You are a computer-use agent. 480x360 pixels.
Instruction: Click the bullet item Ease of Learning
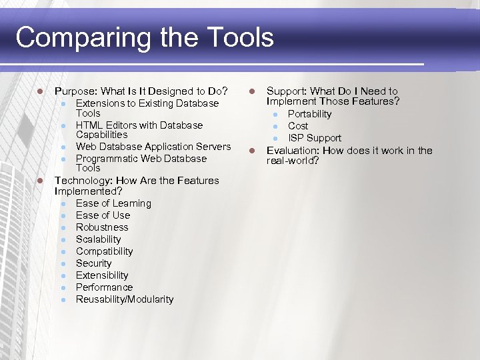[x=113, y=203]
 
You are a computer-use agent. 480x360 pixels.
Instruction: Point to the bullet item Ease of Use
[x=103, y=215]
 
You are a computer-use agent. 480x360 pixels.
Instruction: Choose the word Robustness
[x=102, y=227]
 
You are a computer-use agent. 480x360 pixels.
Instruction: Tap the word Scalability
[x=98, y=239]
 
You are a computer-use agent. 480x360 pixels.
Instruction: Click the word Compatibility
[x=104, y=251]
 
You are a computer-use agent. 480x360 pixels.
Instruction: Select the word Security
[x=93, y=263]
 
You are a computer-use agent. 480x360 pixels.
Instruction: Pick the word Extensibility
[x=101, y=275]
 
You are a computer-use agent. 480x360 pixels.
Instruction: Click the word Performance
[x=104, y=287]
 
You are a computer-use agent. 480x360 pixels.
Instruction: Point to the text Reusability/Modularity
[x=125, y=299]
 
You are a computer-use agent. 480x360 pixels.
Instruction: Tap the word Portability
[x=309, y=114]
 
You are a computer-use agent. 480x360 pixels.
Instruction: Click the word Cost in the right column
[x=298, y=126]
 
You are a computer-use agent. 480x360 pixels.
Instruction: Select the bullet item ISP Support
[x=315, y=138]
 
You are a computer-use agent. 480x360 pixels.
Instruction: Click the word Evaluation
[x=292, y=151]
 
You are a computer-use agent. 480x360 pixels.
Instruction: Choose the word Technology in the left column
[x=81, y=181]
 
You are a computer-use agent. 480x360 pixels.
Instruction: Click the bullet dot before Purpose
[x=41, y=91]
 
